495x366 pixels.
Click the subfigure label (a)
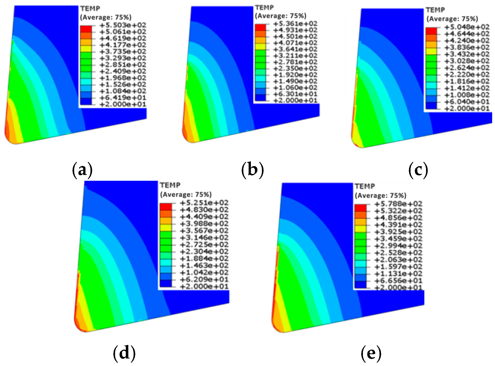[x=82, y=170]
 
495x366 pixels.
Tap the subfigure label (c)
[x=418, y=170]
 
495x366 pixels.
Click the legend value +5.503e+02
[x=123, y=25]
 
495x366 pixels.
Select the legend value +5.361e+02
[x=295, y=24]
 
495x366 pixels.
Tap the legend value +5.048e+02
[x=467, y=27]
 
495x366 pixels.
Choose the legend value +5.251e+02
[x=204, y=203]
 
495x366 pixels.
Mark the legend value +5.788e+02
[x=398, y=204]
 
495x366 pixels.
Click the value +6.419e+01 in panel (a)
[x=123, y=98]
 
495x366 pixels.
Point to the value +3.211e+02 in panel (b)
[x=295, y=56]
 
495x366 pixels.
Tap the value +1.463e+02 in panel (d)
[x=204, y=266]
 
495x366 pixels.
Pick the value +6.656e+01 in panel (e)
[x=398, y=281]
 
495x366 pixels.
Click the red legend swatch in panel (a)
[x=86, y=29]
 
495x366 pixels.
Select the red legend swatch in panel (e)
[x=360, y=208]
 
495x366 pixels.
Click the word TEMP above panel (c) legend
[x=435, y=10]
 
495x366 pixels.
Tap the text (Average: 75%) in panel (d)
[x=186, y=195]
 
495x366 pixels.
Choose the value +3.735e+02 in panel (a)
[x=123, y=51]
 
